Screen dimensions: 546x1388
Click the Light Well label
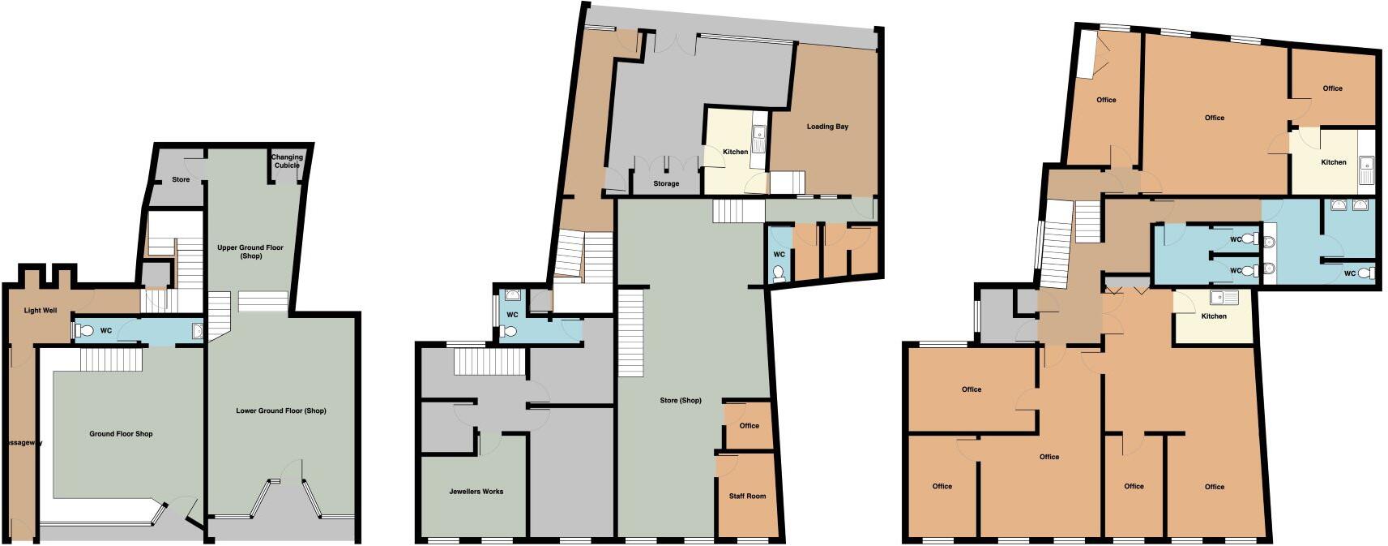click(41, 311)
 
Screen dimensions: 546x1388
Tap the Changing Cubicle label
click(287, 161)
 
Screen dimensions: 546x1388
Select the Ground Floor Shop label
click(121, 434)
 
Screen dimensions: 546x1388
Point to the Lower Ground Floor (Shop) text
click(281, 411)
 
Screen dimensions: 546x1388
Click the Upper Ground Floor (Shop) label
click(250, 252)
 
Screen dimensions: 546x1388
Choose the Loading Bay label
click(827, 127)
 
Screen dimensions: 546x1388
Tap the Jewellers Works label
click(476, 492)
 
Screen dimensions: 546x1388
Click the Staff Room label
click(747, 497)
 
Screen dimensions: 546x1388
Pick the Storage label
click(666, 184)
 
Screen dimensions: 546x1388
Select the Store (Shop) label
click(681, 401)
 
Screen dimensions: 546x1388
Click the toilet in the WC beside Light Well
click(85, 331)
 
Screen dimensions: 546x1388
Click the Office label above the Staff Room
click(750, 426)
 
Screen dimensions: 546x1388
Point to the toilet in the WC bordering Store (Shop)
click(779, 274)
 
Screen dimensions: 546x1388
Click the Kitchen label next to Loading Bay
click(736, 152)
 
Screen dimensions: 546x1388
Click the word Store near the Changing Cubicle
click(181, 179)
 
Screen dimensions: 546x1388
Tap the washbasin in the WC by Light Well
click(197, 330)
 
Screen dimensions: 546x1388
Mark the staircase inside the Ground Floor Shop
click(111, 359)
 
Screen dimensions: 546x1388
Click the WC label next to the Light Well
click(106, 331)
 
